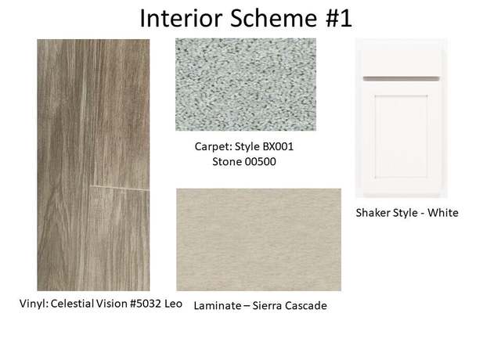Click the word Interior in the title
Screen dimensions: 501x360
[181, 18]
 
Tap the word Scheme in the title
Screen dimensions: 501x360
[273, 18]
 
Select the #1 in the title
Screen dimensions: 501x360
[338, 18]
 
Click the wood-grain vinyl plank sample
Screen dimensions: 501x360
[93, 165]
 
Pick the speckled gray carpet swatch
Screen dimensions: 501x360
[246, 85]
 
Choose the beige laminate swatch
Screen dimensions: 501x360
[259, 239]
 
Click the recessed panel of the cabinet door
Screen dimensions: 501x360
[402, 136]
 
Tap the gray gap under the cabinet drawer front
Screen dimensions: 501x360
[402, 78]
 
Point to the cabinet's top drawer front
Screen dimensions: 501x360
[402, 63]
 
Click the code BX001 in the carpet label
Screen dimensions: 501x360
[278, 146]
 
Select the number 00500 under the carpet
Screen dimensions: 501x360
[260, 162]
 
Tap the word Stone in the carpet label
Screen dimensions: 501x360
[227, 162]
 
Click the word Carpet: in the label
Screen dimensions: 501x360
[214, 146]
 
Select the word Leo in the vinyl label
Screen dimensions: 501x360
[174, 304]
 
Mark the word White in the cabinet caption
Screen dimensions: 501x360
[443, 213]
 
